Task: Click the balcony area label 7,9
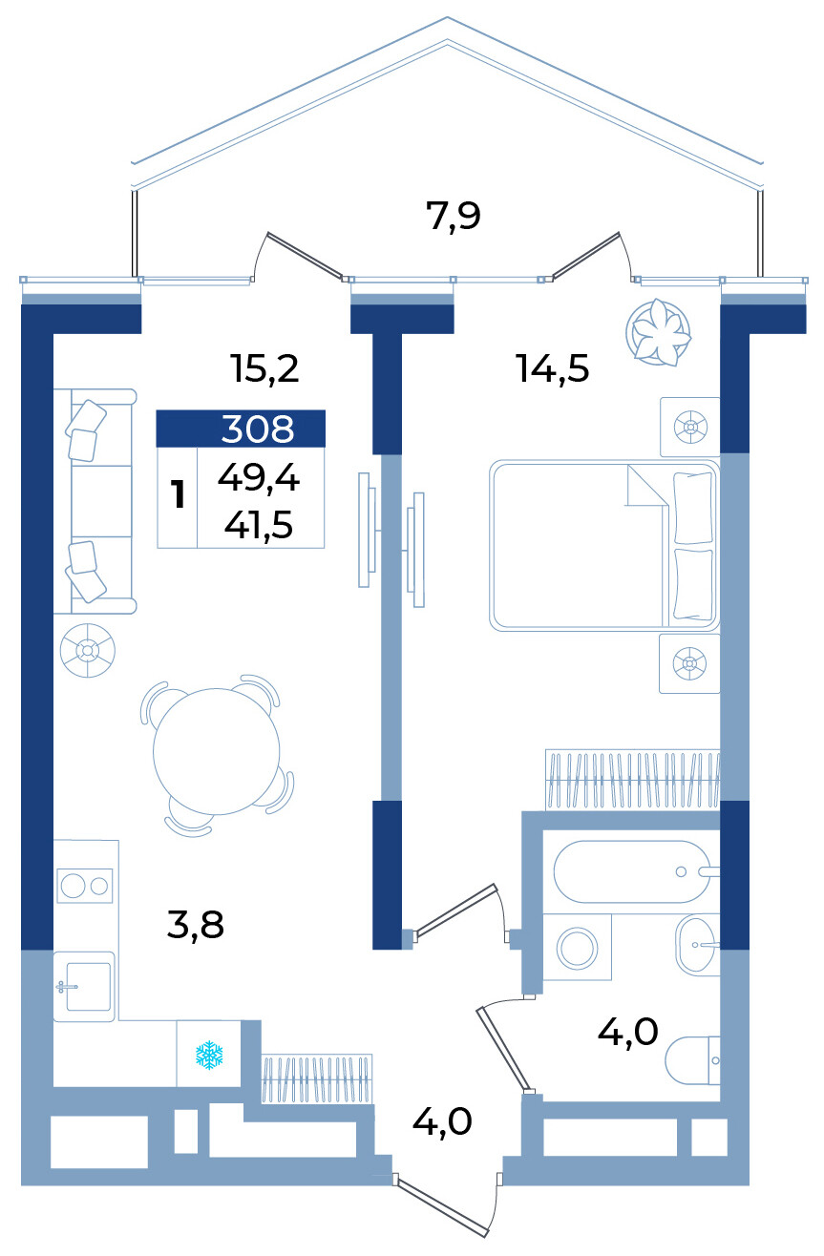click(x=453, y=217)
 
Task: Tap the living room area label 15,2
click(x=265, y=368)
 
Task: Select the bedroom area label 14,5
click(x=553, y=368)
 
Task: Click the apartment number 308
click(x=258, y=429)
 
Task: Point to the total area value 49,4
click(x=259, y=479)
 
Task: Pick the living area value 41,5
click(x=259, y=525)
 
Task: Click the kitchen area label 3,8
click(x=195, y=925)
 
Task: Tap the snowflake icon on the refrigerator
click(x=209, y=1055)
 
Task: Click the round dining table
click(x=216, y=751)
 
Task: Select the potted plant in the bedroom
click(x=659, y=332)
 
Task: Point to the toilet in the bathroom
click(x=692, y=1060)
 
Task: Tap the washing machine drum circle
click(x=577, y=949)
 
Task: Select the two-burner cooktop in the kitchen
click(x=85, y=886)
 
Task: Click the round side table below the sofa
click(x=88, y=651)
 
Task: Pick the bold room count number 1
click(x=179, y=494)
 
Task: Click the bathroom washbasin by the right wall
click(x=697, y=945)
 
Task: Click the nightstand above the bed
click(x=690, y=428)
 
